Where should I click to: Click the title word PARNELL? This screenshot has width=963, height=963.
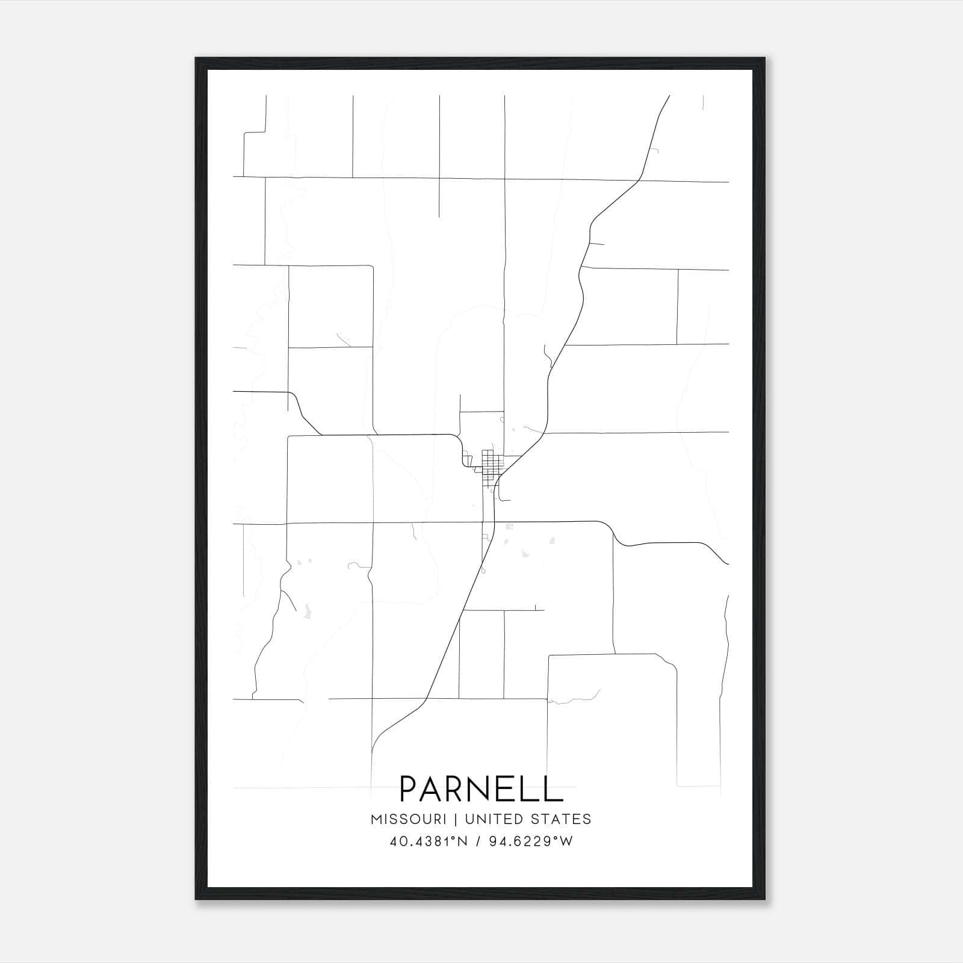[x=481, y=788]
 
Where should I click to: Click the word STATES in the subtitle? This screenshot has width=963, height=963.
[x=562, y=819]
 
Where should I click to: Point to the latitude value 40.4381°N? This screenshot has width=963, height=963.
[x=428, y=841]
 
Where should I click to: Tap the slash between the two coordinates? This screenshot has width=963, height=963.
[x=478, y=841]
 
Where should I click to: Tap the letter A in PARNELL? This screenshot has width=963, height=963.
[x=438, y=788]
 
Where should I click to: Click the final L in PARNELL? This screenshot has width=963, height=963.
[x=553, y=788]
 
